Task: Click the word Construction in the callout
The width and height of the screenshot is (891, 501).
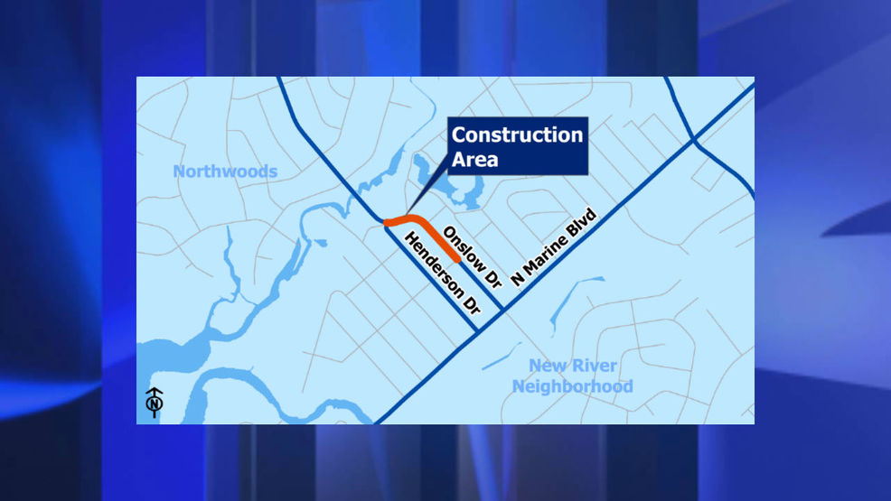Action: (517, 135)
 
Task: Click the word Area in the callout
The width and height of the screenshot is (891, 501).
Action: (475, 160)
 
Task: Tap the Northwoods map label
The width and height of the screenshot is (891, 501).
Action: (225, 172)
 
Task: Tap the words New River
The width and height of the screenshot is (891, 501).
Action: (573, 366)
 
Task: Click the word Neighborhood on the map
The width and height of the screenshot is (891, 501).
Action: (573, 386)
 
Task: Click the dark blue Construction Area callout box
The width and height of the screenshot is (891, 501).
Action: (517, 146)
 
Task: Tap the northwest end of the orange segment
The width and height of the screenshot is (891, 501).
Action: (386, 222)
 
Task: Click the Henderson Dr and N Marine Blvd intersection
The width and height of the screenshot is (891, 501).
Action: (477, 332)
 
